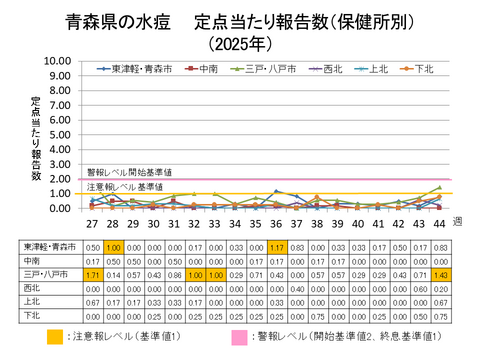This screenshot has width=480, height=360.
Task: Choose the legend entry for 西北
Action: [x=330, y=69]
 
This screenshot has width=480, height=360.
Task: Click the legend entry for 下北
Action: [x=420, y=69]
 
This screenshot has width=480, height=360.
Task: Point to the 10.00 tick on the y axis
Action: [x=58, y=61]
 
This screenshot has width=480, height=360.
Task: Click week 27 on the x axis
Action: [x=92, y=224]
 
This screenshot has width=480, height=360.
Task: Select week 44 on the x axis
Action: [x=439, y=224]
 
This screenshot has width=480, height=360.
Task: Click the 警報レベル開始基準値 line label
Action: [x=129, y=172]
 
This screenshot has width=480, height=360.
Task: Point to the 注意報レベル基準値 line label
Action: [x=125, y=187]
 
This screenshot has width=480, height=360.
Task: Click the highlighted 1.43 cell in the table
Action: [x=440, y=273]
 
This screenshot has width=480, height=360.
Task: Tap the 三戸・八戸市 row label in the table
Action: [x=46, y=273]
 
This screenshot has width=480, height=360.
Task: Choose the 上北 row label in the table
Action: [x=46, y=300]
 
